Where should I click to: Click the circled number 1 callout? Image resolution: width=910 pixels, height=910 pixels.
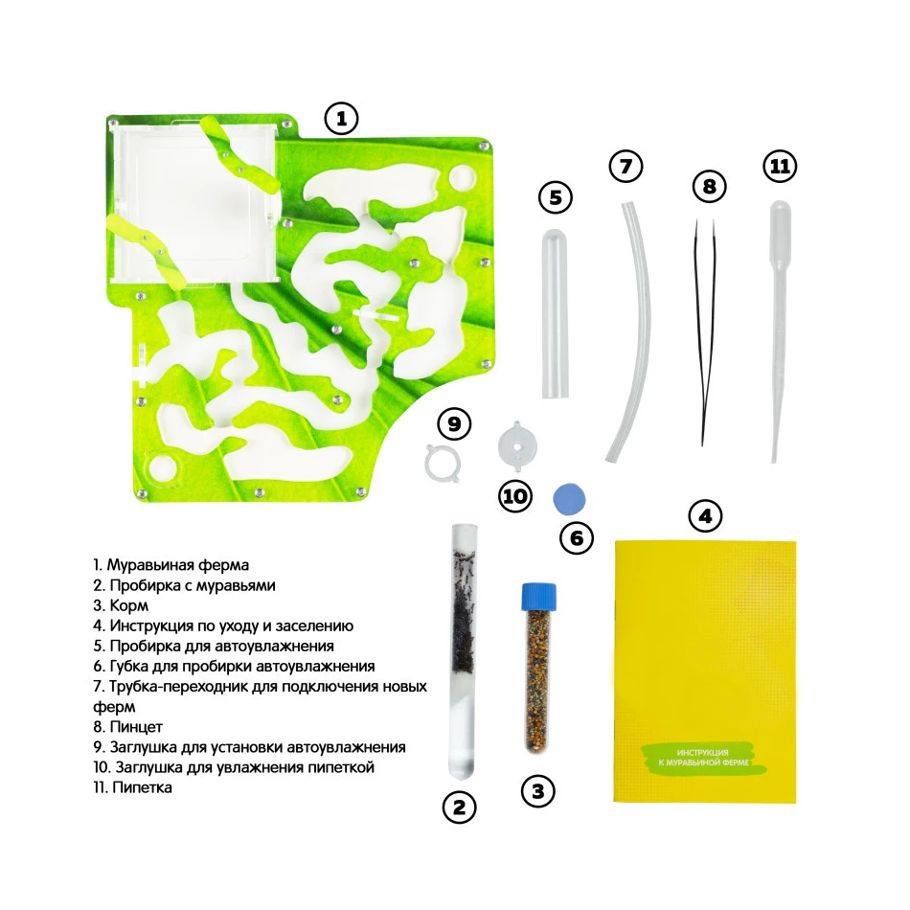point(341,119)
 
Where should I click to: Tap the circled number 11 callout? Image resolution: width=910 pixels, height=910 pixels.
point(780,167)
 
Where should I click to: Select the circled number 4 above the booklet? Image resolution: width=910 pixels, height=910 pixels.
point(705,515)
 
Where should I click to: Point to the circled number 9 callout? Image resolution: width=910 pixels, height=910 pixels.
point(454,424)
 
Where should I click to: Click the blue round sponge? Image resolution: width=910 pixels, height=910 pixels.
point(569,498)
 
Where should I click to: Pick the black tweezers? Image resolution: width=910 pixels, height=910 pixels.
point(705,333)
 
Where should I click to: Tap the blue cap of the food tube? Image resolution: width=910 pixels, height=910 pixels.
point(539,596)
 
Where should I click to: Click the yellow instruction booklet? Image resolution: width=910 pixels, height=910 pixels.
point(705,671)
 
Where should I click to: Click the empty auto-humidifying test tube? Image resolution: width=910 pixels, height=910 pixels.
point(556,313)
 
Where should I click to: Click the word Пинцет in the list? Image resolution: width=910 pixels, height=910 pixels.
point(136,727)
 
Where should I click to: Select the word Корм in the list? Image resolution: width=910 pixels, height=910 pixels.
point(129,605)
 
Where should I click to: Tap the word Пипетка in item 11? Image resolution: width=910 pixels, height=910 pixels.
point(142,787)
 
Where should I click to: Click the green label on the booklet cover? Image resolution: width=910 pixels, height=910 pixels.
point(704,758)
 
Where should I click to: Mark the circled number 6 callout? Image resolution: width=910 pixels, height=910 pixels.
point(577,537)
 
